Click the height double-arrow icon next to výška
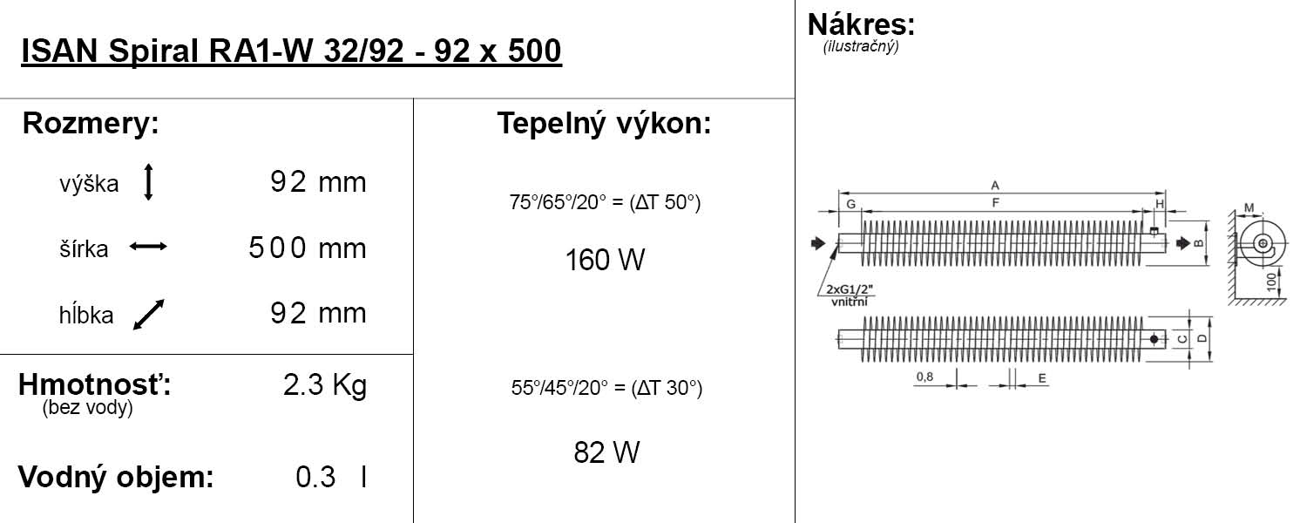(x=148, y=182)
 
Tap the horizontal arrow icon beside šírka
(x=148, y=248)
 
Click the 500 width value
(x=277, y=248)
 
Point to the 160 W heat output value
(x=605, y=260)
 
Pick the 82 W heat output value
(x=606, y=452)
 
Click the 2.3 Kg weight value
(x=324, y=385)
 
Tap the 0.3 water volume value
(x=315, y=478)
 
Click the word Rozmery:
(x=91, y=124)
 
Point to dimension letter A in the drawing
(x=994, y=185)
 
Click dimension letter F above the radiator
(x=994, y=203)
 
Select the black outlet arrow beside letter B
(x=1181, y=243)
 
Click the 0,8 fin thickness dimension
(x=924, y=377)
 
